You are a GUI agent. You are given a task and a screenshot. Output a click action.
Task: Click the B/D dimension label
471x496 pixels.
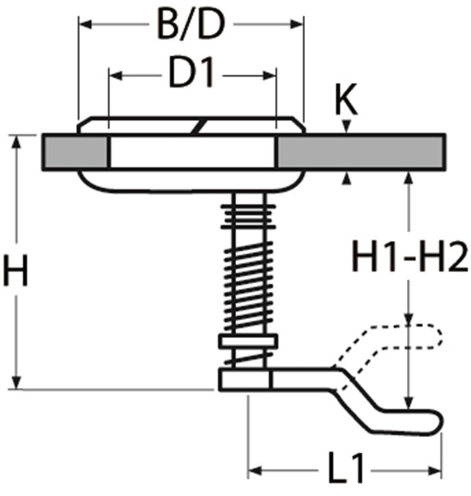(x=191, y=25)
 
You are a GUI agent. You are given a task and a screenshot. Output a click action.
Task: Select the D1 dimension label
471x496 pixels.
(x=191, y=75)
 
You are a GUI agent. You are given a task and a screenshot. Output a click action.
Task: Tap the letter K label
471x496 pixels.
(x=346, y=101)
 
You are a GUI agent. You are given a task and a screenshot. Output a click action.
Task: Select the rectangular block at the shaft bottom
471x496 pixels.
(x=245, y=379)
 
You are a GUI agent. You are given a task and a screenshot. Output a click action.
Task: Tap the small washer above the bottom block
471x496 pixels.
(x=248, y=341)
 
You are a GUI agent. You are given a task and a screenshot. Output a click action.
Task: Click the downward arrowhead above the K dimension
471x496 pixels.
(x=348, y=128)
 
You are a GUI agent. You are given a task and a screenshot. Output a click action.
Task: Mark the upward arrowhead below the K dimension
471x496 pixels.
(x=348, y=178)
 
